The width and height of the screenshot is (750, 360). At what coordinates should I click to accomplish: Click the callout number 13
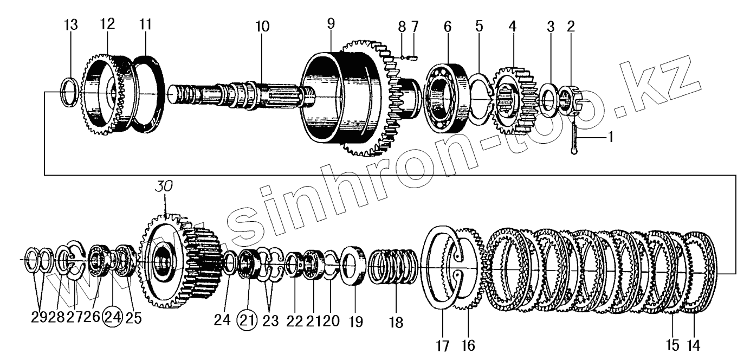[x=71, y=25]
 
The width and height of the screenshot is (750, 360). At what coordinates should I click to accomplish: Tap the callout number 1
[x=610, y=138]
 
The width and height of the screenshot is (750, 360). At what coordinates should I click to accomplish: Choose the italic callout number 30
[x=166, y=186]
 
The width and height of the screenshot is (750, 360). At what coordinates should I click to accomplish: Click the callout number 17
[x=443, y=345]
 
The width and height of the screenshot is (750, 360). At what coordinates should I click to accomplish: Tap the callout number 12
[x=108, y=24]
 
